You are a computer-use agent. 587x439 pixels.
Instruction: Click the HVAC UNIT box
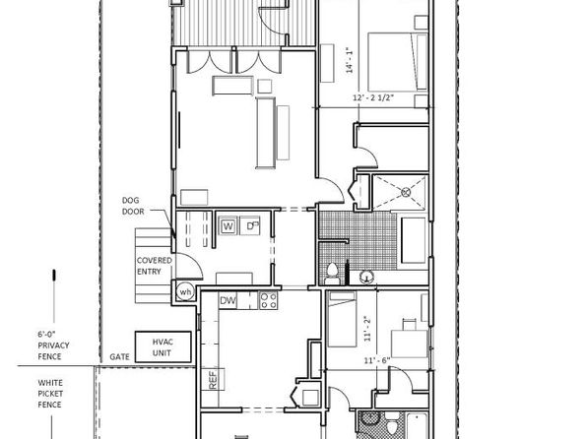coord(163,346)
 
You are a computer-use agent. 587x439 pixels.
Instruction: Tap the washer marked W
coord(228,226)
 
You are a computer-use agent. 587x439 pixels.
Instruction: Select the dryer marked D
coord(250,226)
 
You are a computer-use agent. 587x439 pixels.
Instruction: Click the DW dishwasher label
coord(228,300)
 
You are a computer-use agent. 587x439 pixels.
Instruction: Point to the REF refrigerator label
coord(213,380)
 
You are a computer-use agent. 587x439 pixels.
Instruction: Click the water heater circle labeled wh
coord(185,292)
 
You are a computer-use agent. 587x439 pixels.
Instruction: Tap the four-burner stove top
coord(269,300)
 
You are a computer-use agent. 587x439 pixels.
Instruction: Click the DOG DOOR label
coord(133,206)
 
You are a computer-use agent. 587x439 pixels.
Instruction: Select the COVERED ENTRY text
coord(155,266)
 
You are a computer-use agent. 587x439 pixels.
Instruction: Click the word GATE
coord(119,357)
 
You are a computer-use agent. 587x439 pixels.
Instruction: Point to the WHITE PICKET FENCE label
coord(50,394)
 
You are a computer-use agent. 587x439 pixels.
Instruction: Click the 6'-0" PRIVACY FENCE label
coord(53,345)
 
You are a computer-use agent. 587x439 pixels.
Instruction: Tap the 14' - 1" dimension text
coord(350,59)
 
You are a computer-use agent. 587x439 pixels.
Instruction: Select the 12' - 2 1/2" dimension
coord(373,97)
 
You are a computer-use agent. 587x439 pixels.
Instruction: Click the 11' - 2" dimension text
coord(367,328)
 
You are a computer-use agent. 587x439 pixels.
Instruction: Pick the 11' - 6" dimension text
coord(377,361)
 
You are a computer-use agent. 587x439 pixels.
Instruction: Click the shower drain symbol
coord(406,192)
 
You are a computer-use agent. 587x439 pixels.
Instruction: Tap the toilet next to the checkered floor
coord(332,274)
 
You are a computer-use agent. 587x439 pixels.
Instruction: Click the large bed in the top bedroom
coord(398,62)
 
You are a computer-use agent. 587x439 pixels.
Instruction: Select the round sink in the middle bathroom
coord(366,278)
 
